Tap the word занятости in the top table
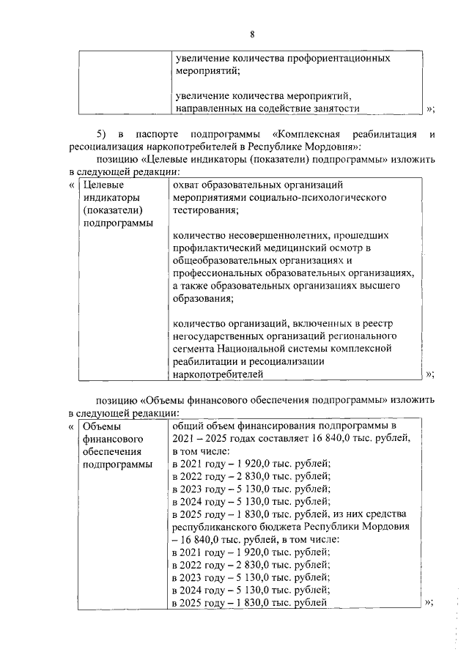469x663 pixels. [x=329, y=108]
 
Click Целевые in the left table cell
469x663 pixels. [x=101, y=185]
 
